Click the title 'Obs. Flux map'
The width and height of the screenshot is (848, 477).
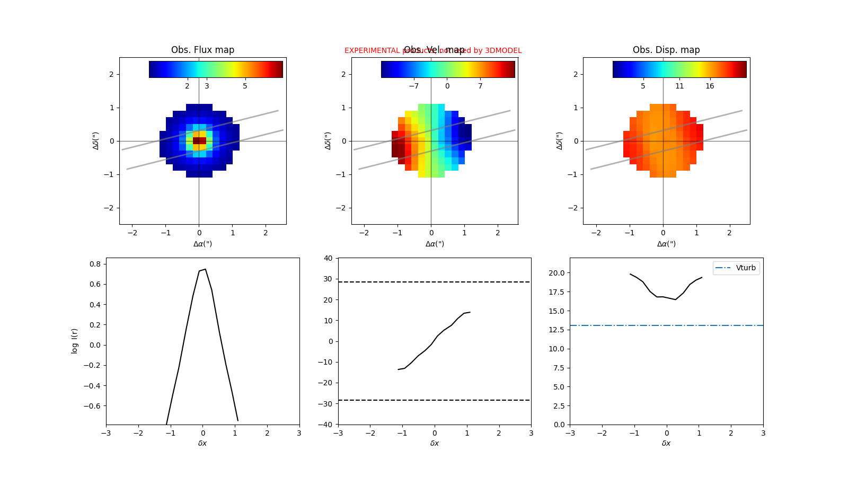tap(202, 50)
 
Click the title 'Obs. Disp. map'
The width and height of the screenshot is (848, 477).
tap(666, 50)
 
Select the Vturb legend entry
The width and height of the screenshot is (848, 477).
tap(736, 268)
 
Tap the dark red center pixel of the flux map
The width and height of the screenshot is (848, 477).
tap(199, 140)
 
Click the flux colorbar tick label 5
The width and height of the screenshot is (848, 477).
tap(245, 86)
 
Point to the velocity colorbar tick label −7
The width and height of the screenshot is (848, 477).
tap(413, 86)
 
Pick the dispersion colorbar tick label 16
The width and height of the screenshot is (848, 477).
tap(710, 86)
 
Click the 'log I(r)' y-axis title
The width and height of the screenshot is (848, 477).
tap(75, 341)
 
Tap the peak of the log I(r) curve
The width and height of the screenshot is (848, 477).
tap(205, 269)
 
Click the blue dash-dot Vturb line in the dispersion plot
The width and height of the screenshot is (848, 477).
tap(636, 325)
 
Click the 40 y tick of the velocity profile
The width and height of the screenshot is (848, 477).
tap(328, 258)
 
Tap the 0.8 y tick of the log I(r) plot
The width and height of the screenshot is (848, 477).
tap(95, 264)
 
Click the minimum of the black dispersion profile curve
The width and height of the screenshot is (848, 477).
tap(675, 299)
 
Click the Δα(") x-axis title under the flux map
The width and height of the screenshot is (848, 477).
tap(202, 244)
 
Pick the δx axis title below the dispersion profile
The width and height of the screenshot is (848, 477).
tap(666, 443)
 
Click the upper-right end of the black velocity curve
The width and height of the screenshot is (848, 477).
tap(470, 312)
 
